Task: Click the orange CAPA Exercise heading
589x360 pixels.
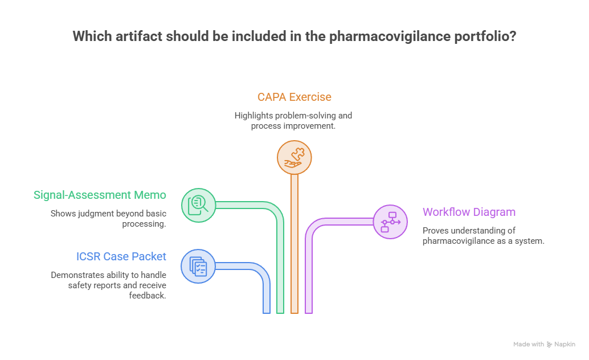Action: coord(294,97)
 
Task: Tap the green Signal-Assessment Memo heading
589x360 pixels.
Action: coord(100,195)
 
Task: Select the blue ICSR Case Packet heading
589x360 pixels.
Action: coord(121,256)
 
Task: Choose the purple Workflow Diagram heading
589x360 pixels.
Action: coord(469,212)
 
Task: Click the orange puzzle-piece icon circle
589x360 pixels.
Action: coord(294,157)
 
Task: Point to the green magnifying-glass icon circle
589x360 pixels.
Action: coord(198,205)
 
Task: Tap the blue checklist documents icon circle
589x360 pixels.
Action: coord(198,267)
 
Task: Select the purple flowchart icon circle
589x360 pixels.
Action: coord(390,222)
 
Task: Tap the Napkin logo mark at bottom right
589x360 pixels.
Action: coord(549,344)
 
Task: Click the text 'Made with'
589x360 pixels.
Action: coord(529,344)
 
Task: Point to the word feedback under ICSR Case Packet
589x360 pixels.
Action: coord(147,296)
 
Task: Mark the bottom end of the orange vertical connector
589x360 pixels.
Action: coord(294,313)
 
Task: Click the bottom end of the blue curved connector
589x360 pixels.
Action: coord(267,313)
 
